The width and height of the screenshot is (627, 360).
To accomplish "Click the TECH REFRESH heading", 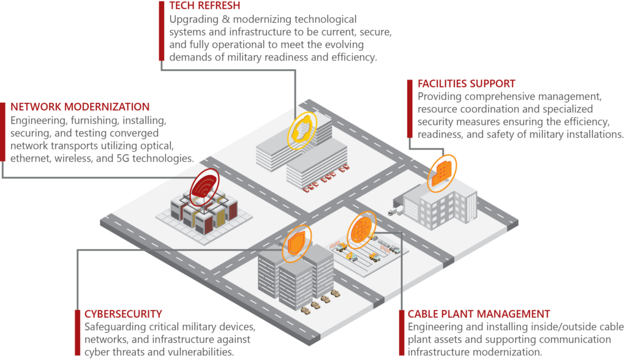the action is click(205, 6).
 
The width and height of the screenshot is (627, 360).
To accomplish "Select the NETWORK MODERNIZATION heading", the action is click(80, 107).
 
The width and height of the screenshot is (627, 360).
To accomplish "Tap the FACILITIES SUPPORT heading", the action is click(466, 84).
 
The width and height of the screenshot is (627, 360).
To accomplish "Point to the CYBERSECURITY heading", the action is click(123, 314).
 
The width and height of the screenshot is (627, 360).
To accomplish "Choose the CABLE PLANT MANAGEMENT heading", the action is click(479, 314).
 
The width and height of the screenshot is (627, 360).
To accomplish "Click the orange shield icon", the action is click(296, 243).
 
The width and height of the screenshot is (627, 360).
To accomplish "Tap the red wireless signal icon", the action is click(205, 187).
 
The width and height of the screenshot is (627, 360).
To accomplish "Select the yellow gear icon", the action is click(302, 130).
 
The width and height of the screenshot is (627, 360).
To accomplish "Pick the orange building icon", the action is click(442, 173).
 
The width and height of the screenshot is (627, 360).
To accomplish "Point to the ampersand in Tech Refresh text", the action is click(226, 19).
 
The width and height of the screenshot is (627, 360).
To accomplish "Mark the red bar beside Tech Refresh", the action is click(162, 31).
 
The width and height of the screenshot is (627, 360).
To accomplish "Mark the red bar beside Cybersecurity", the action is click(78, 332).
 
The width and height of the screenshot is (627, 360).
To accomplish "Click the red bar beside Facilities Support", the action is click(410, 108).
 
